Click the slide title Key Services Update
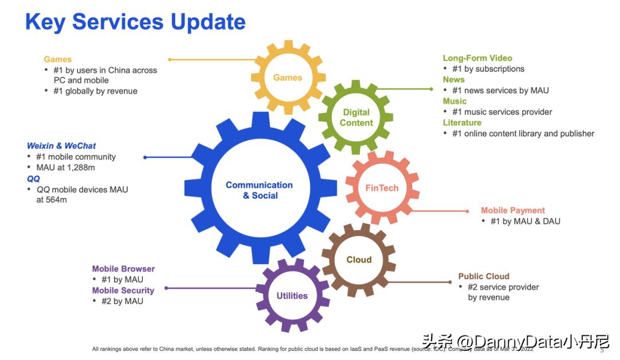pos(135,22)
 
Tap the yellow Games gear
pos(288,78)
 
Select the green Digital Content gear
pos(356,118)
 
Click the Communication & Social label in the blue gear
pos(259,190)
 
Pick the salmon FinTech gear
pos(382,188)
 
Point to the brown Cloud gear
pos(359,260)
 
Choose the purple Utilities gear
pos(292,296)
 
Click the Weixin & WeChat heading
pos(61,146)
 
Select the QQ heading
pos(33,179)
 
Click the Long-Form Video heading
pos(477,58)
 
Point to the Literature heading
pos(462,122)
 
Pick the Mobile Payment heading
pos(513,210)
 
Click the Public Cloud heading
pos(483,276)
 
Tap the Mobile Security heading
pos(123,291)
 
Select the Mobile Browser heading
pos(123,269)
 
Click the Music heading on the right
pos(455,101)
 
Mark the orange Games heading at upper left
pos(57,59)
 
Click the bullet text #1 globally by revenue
pos(95,91)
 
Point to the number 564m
pos(56,200)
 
